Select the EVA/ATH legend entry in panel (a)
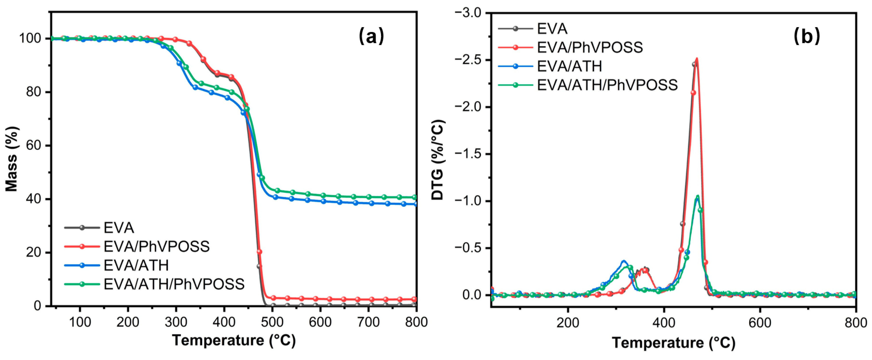(136, 266)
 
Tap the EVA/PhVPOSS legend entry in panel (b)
(589, 47)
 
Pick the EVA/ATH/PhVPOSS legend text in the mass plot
(174, 284)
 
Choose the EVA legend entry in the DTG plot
(552, 29)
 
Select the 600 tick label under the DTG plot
(760, 323)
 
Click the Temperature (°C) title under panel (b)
(674, 343)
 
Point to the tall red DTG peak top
(697, 59)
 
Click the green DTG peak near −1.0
(698, 196)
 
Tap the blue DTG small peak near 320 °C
(624, 261)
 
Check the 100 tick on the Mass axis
(31, 38)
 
